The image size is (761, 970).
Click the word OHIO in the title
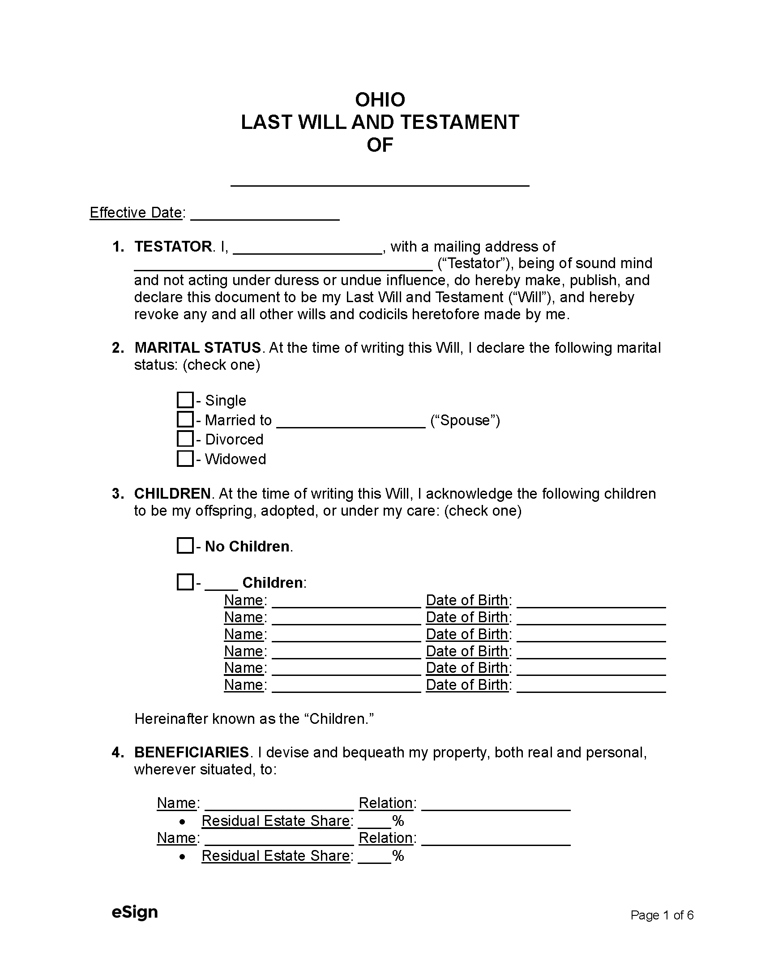[x=380, y=99]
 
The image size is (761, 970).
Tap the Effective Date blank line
[x=265, y=214]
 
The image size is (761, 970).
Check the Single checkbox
[x=185, y=400]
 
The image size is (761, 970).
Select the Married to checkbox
[x=185, y=419]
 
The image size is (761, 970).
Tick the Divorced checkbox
[x=185, y=439]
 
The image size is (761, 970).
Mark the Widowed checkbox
[x=185, y=458]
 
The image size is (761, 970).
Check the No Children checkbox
[x=185, y=546]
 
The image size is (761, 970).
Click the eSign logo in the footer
[x=135, y=912]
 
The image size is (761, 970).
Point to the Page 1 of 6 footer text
[x=662, y=915]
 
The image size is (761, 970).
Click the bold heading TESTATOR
[x=173, y=247]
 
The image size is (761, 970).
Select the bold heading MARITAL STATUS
[x=197, y=348]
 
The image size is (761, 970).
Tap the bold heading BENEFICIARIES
[x=192, y=752]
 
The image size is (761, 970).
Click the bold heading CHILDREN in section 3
[x=172, y=494]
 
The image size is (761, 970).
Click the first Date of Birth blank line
[x=591, y=602]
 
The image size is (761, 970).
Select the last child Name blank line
[x=346, y=686]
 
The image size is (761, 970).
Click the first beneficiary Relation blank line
[x=496, y=804]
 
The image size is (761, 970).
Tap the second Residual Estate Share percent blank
[x=374, y=857]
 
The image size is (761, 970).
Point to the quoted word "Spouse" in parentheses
[x=465, y=420]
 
